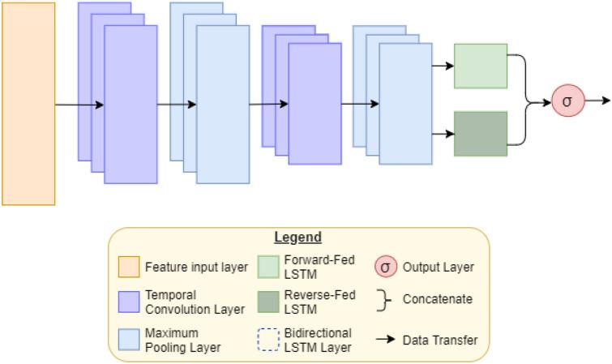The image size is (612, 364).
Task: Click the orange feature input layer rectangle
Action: point(28,104)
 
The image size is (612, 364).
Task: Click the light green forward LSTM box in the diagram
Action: point(481,66)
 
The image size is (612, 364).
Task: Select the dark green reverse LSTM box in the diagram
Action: point(481,134)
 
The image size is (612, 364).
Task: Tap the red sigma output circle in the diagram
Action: point(567,101)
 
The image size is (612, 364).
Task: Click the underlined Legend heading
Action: point(297,238)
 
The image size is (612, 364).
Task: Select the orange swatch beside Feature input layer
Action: point(128,267)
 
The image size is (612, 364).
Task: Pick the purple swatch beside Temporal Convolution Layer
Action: point(128,302)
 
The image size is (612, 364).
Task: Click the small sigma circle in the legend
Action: point(386,267)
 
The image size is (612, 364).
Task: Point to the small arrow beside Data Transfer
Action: point(386,340)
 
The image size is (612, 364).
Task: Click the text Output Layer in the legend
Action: point(439,267)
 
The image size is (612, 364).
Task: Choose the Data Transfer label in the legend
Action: point(440,340)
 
